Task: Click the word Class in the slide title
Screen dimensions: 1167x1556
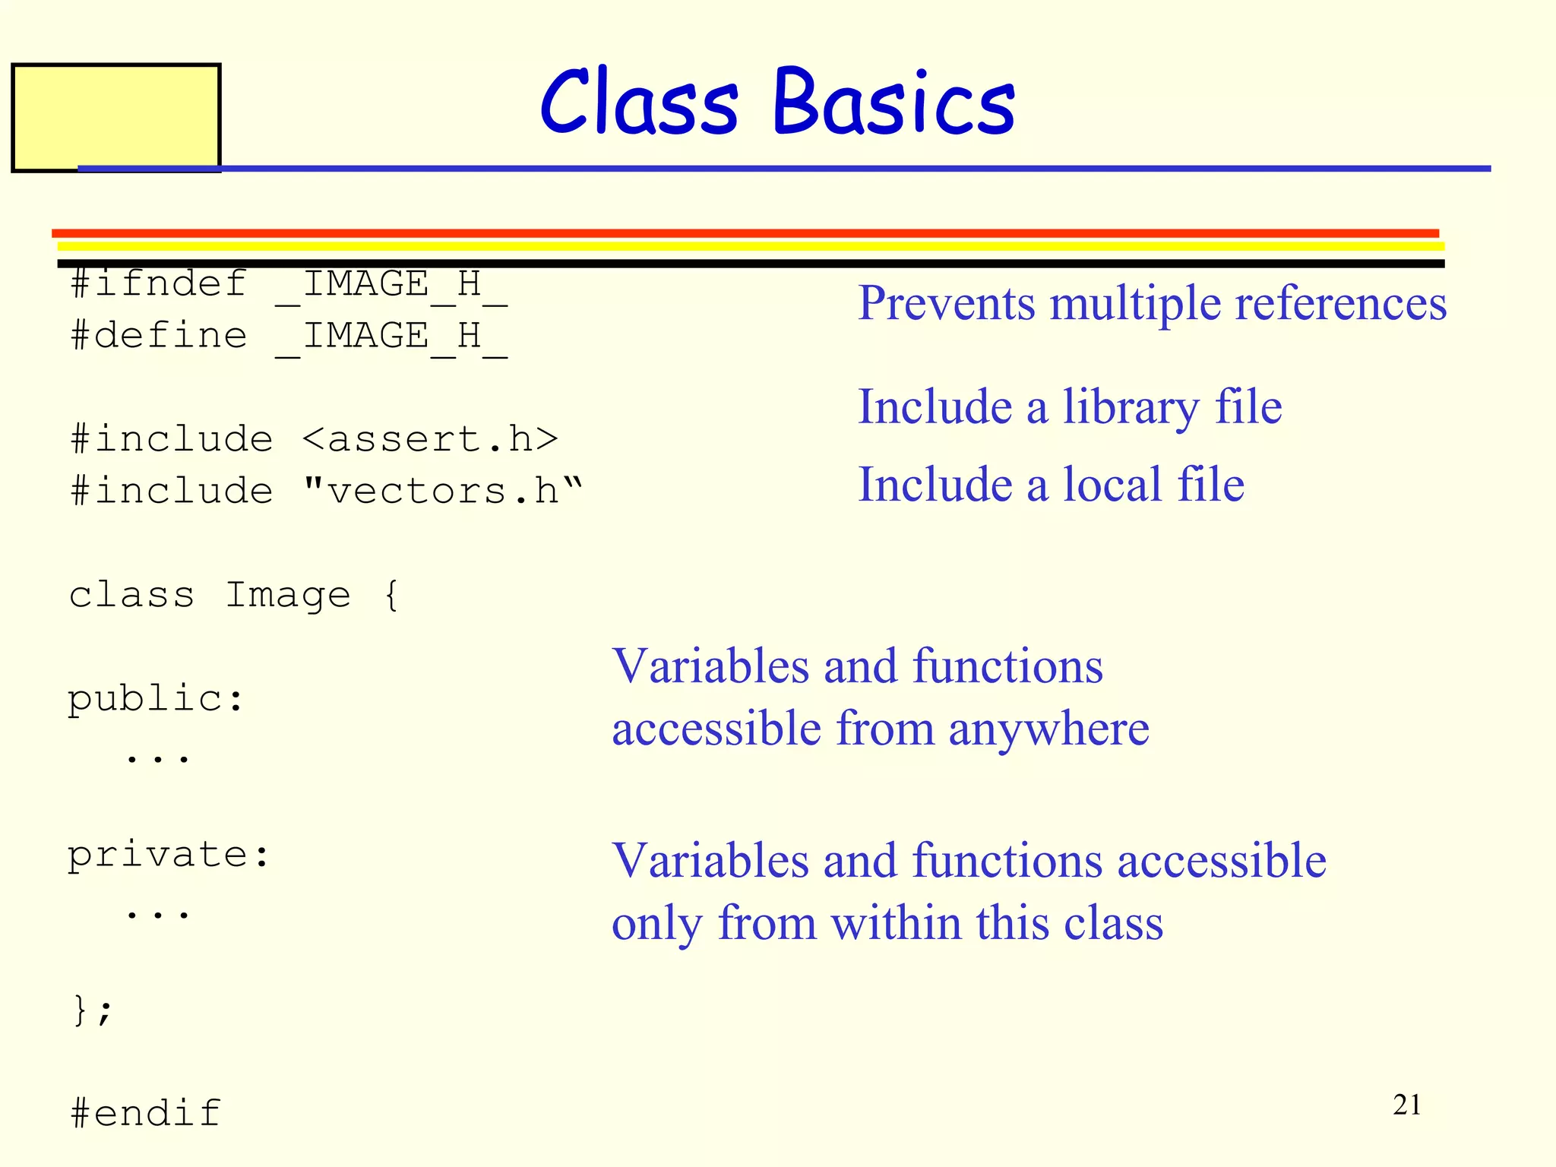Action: click(x=638, y=103)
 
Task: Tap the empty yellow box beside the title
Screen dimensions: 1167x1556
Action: click(x=115, y=118)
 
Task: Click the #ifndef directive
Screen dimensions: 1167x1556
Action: click(x=158, y=284)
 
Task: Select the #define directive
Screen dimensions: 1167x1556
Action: click(x=158, y=336)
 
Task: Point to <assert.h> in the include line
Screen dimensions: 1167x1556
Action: click(x=430, y=439)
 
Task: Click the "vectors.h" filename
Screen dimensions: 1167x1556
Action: click(x=442, y=491)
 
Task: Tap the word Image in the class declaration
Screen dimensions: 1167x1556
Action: click(x=288, y=595)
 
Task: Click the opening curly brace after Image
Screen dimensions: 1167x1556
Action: click(x=391, y=595)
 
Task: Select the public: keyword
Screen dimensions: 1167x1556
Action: click(x=156, y=698)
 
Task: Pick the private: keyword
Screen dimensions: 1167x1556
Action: click(x=169, y=855)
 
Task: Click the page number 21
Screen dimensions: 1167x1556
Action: click(x=1406, y=1105)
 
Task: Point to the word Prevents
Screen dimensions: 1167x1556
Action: click(x=946, y=304)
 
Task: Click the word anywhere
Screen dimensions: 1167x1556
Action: click(x=1048, y=729)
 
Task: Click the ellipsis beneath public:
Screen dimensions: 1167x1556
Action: click(x=157, y=757)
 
